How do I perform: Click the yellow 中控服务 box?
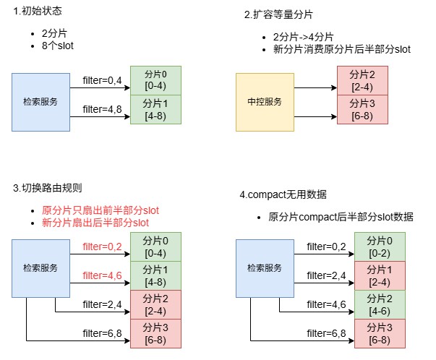265,102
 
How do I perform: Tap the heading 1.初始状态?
38,11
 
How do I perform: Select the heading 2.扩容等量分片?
278,14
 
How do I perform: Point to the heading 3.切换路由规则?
47,188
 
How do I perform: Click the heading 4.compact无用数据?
283,194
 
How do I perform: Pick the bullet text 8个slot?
58,46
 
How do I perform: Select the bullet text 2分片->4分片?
303,37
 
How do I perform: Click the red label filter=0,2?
102,247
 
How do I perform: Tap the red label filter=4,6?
102,275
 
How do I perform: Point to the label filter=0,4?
102,80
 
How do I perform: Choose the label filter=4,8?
102,109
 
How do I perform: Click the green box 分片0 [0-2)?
380,247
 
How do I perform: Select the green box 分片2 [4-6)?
380,304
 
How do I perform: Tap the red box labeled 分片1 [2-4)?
380,275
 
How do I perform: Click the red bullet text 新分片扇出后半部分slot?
95,223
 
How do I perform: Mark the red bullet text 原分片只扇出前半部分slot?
101,210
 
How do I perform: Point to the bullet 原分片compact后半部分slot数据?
341,217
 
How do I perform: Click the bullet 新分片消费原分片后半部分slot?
342,49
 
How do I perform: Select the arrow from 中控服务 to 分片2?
315,88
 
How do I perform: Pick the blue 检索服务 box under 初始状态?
40,102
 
